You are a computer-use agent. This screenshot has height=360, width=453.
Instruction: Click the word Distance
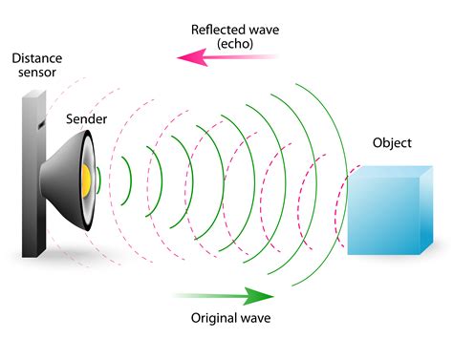(36, 58)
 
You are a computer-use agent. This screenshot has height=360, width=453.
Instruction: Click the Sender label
(85, 120)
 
